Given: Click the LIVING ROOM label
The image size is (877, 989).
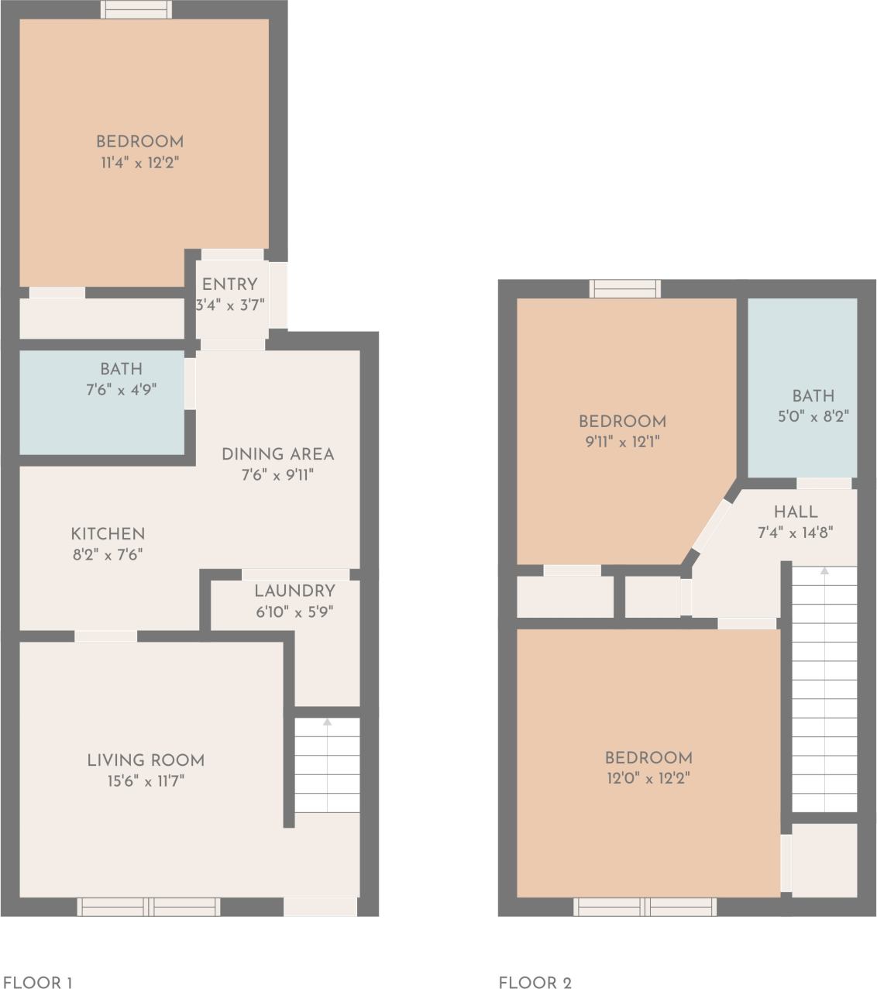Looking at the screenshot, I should pyautogui.click(x=146, y=760).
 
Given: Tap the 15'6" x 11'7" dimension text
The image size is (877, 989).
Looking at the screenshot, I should pyautogui.click(x=146, y=781).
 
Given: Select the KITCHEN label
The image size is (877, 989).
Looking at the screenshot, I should pyautogui.click(x=108, y=534).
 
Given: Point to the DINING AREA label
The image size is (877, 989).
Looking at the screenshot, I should pyautogui.click(x=277, y=454).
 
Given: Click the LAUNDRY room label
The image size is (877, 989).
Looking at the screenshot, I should pyautogui.click(x=294, y=591).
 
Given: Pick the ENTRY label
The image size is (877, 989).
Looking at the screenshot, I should pyautogui.click(x=229, y=284).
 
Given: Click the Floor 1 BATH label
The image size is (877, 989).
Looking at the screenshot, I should pyautogui.click(x=121, y=369).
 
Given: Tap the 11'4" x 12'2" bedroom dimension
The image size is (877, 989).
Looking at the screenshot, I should pyautogui.click(x=139, y=163).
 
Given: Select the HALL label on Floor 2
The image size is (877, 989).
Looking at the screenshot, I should pyautogui.click(x=796, y=512).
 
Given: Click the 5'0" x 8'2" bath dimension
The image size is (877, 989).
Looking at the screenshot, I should pyautogui.click(x=813, y=416).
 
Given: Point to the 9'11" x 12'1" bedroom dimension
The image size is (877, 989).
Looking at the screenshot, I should pyautogui.click(x=622, y=443).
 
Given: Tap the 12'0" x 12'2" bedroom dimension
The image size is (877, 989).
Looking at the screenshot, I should pyautogui.click(x=648, y=778).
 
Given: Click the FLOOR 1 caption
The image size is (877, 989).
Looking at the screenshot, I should pyautogui.click(x=38, y=983).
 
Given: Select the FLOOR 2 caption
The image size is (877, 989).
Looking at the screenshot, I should pyautogui.click(x=535, y=983).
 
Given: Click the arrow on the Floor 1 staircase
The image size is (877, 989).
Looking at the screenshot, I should pyautogui.click(x=327, y=723).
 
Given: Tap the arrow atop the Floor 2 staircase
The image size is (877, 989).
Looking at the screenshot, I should pyautogui.click(x=824, y=571).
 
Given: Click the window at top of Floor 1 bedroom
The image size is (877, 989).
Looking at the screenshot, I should pyautogui.click(x=136, y=10).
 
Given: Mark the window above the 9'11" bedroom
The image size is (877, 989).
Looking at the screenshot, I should pyautogui.click(x=624, y=289).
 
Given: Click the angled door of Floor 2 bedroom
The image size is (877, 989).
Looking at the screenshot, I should pyautogui.click(x=710, y=526).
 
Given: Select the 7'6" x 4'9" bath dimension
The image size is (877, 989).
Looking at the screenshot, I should pyautogui.click(x=121, y=390).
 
